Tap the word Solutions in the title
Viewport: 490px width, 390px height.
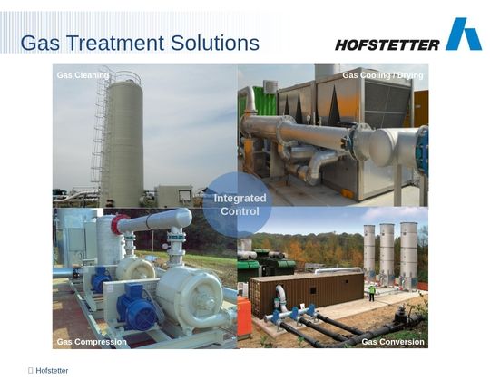215,43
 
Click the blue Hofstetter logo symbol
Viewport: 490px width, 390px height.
464,34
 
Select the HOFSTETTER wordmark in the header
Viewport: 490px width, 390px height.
387,45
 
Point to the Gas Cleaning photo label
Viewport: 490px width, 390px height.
83,75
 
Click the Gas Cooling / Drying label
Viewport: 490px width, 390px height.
383,75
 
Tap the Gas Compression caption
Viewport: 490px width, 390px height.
92,342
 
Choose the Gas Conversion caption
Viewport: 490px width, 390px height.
393,342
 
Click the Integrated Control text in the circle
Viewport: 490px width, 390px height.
240,205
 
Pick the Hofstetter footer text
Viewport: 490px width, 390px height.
52,371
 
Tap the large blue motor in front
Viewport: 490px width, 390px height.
137,307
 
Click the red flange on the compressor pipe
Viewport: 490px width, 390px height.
116,224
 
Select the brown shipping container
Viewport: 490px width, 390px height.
307,294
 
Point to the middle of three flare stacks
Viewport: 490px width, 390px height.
387,252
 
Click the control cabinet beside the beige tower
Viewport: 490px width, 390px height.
173,196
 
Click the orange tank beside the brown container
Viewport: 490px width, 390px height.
244,316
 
